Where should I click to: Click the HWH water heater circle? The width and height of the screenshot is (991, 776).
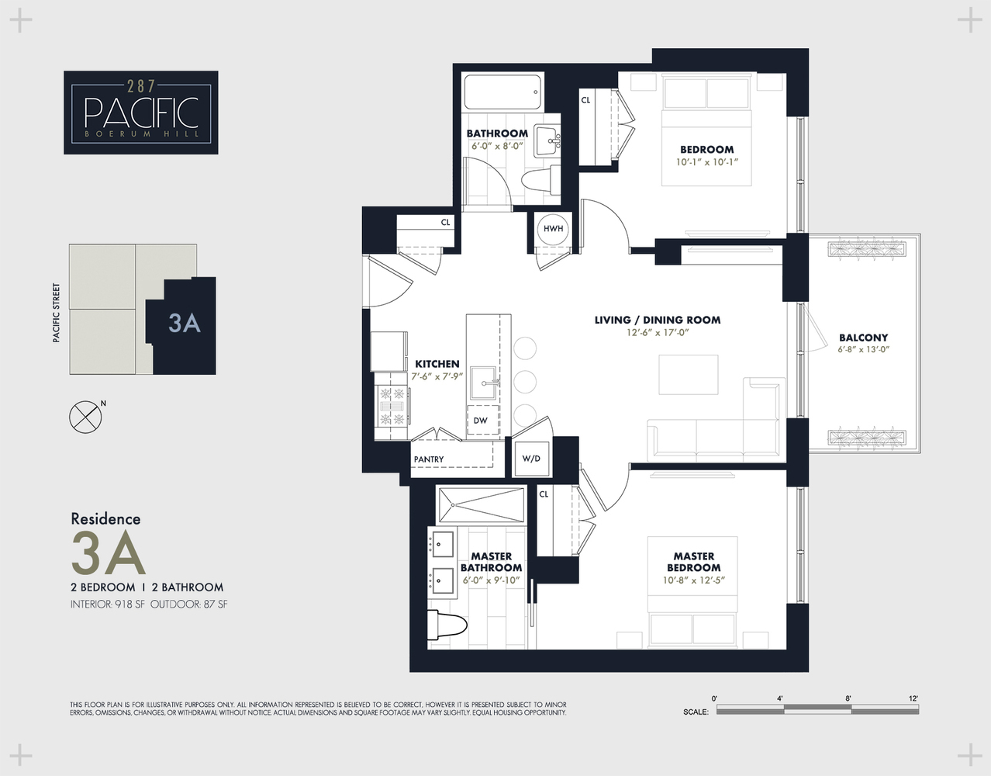(553, 229)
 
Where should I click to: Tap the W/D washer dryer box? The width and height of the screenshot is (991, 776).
(531, 459)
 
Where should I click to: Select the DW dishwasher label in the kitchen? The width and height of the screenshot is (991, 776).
(481, 421)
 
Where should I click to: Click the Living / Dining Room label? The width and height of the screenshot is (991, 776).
(657, 320)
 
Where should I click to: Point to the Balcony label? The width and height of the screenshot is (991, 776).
(863, 338)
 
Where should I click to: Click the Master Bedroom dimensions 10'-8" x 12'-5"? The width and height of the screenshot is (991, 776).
(693, 580)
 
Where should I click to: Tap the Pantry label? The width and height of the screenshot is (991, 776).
(429, 459)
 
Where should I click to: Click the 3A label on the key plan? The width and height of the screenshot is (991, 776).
(185, 323)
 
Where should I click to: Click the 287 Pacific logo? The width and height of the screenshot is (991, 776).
(140, 113)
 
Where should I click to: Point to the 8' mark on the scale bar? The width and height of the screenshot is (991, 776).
(848, 699)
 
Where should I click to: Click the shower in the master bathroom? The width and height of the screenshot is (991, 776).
(481, 505)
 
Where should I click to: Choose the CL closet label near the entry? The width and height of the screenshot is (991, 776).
(445, 223)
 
